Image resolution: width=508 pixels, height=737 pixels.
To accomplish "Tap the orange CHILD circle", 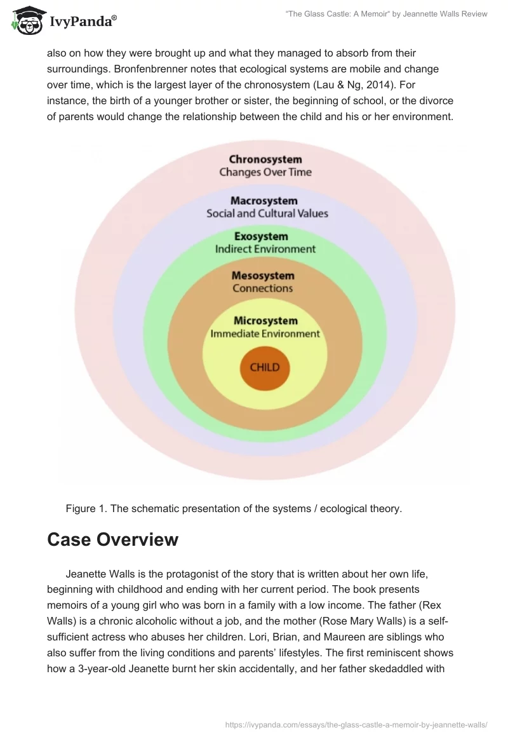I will click(265, 367).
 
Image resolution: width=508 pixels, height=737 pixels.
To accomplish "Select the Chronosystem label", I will click(265, 159).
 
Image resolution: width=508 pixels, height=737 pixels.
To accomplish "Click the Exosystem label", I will click(265, 237).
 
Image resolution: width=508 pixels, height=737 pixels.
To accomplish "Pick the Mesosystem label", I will click(263, 276).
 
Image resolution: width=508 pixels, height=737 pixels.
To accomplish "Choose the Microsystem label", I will click(265, 321).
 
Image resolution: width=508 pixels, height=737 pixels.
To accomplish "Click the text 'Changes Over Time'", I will click(265, 172).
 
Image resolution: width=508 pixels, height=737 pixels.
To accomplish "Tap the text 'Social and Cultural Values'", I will click(267, 213).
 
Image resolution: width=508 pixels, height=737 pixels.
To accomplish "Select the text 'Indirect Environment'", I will click(265, 249).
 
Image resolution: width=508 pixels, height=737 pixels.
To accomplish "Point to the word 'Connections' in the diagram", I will click(263, 288).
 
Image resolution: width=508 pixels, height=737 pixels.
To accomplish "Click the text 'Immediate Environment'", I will click(265, 334).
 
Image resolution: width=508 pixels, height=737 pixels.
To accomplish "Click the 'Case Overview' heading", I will click(112, 539).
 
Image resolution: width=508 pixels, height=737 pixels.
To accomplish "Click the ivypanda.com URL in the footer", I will click(356, 724).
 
